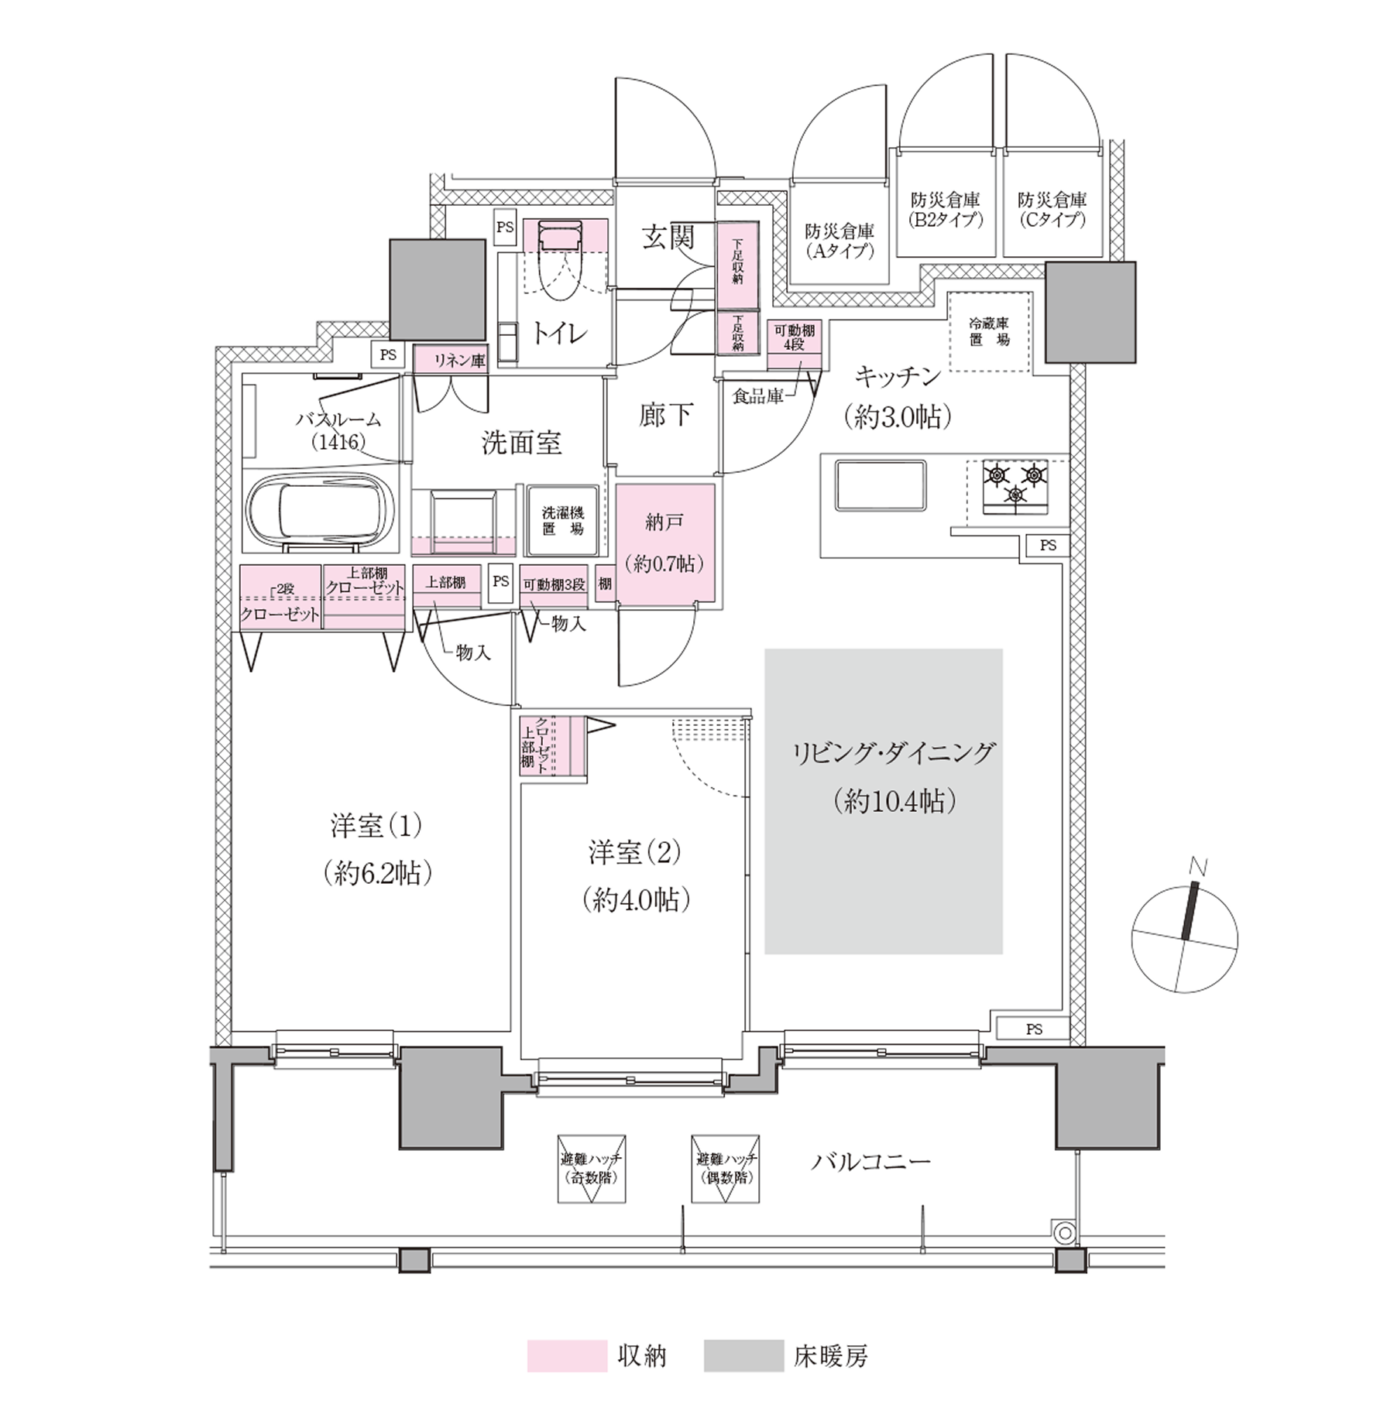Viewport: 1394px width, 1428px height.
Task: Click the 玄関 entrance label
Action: tap(668, 237)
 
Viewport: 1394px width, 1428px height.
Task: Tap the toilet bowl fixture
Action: tap(560, 260)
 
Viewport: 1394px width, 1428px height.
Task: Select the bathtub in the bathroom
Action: tap(319, 511)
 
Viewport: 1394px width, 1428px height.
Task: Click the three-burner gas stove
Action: tap(1015, 487)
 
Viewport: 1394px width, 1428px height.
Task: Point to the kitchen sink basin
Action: tap(881, 485)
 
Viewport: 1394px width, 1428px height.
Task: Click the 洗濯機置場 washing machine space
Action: tap(563, 520)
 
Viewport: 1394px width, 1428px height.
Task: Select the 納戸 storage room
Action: tap(664, 543)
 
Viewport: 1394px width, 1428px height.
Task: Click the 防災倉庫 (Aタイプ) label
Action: tap(839, 241)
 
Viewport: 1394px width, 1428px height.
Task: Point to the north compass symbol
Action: tap(1184, 940)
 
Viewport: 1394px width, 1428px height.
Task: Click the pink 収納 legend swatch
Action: tap(567, 1378)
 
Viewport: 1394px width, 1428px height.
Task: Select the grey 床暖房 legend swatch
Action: tap(743, 1378)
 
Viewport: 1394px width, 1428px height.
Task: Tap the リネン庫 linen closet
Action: tap(451, 360)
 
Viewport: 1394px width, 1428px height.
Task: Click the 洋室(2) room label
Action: tap(634, 854)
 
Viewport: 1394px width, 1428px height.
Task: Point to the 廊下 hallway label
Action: tap(665, 416)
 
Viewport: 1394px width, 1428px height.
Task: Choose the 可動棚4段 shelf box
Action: tap(794, 344)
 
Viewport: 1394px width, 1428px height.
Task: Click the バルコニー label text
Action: tap(871, 1161)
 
